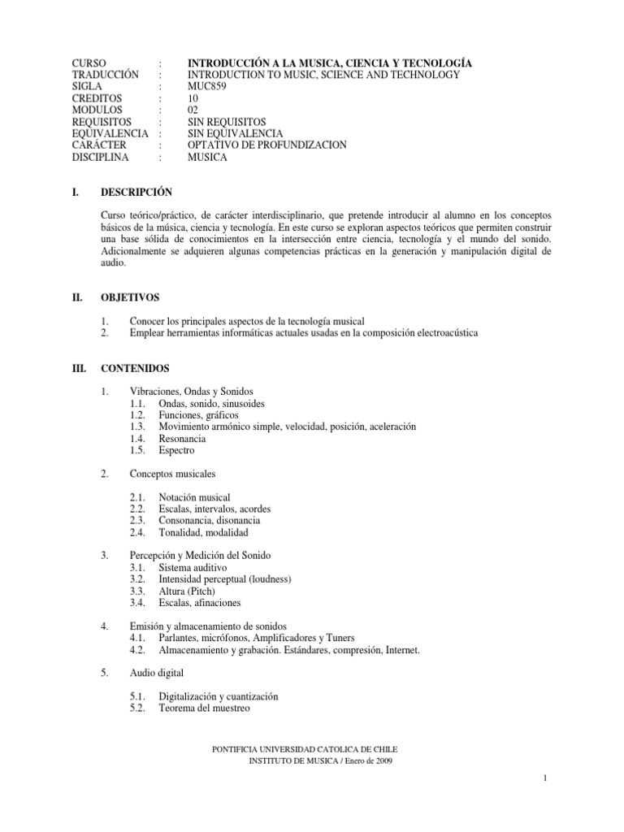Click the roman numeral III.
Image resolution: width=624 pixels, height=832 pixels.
click(x=80, y=368)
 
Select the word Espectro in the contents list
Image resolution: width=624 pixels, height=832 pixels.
click(x=177, y=450)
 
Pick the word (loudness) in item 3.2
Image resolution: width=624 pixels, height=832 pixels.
click(x=267, y=578)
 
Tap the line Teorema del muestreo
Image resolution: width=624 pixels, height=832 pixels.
click(x=204, y=708)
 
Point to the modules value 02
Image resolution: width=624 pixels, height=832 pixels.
click(x=194, y=110)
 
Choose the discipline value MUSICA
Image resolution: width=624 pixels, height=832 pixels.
click(x=208, y=157)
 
